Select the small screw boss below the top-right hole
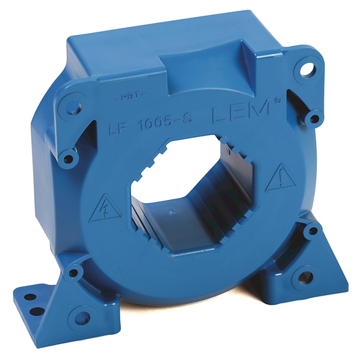[311, 119]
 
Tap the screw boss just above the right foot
[311, 231]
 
